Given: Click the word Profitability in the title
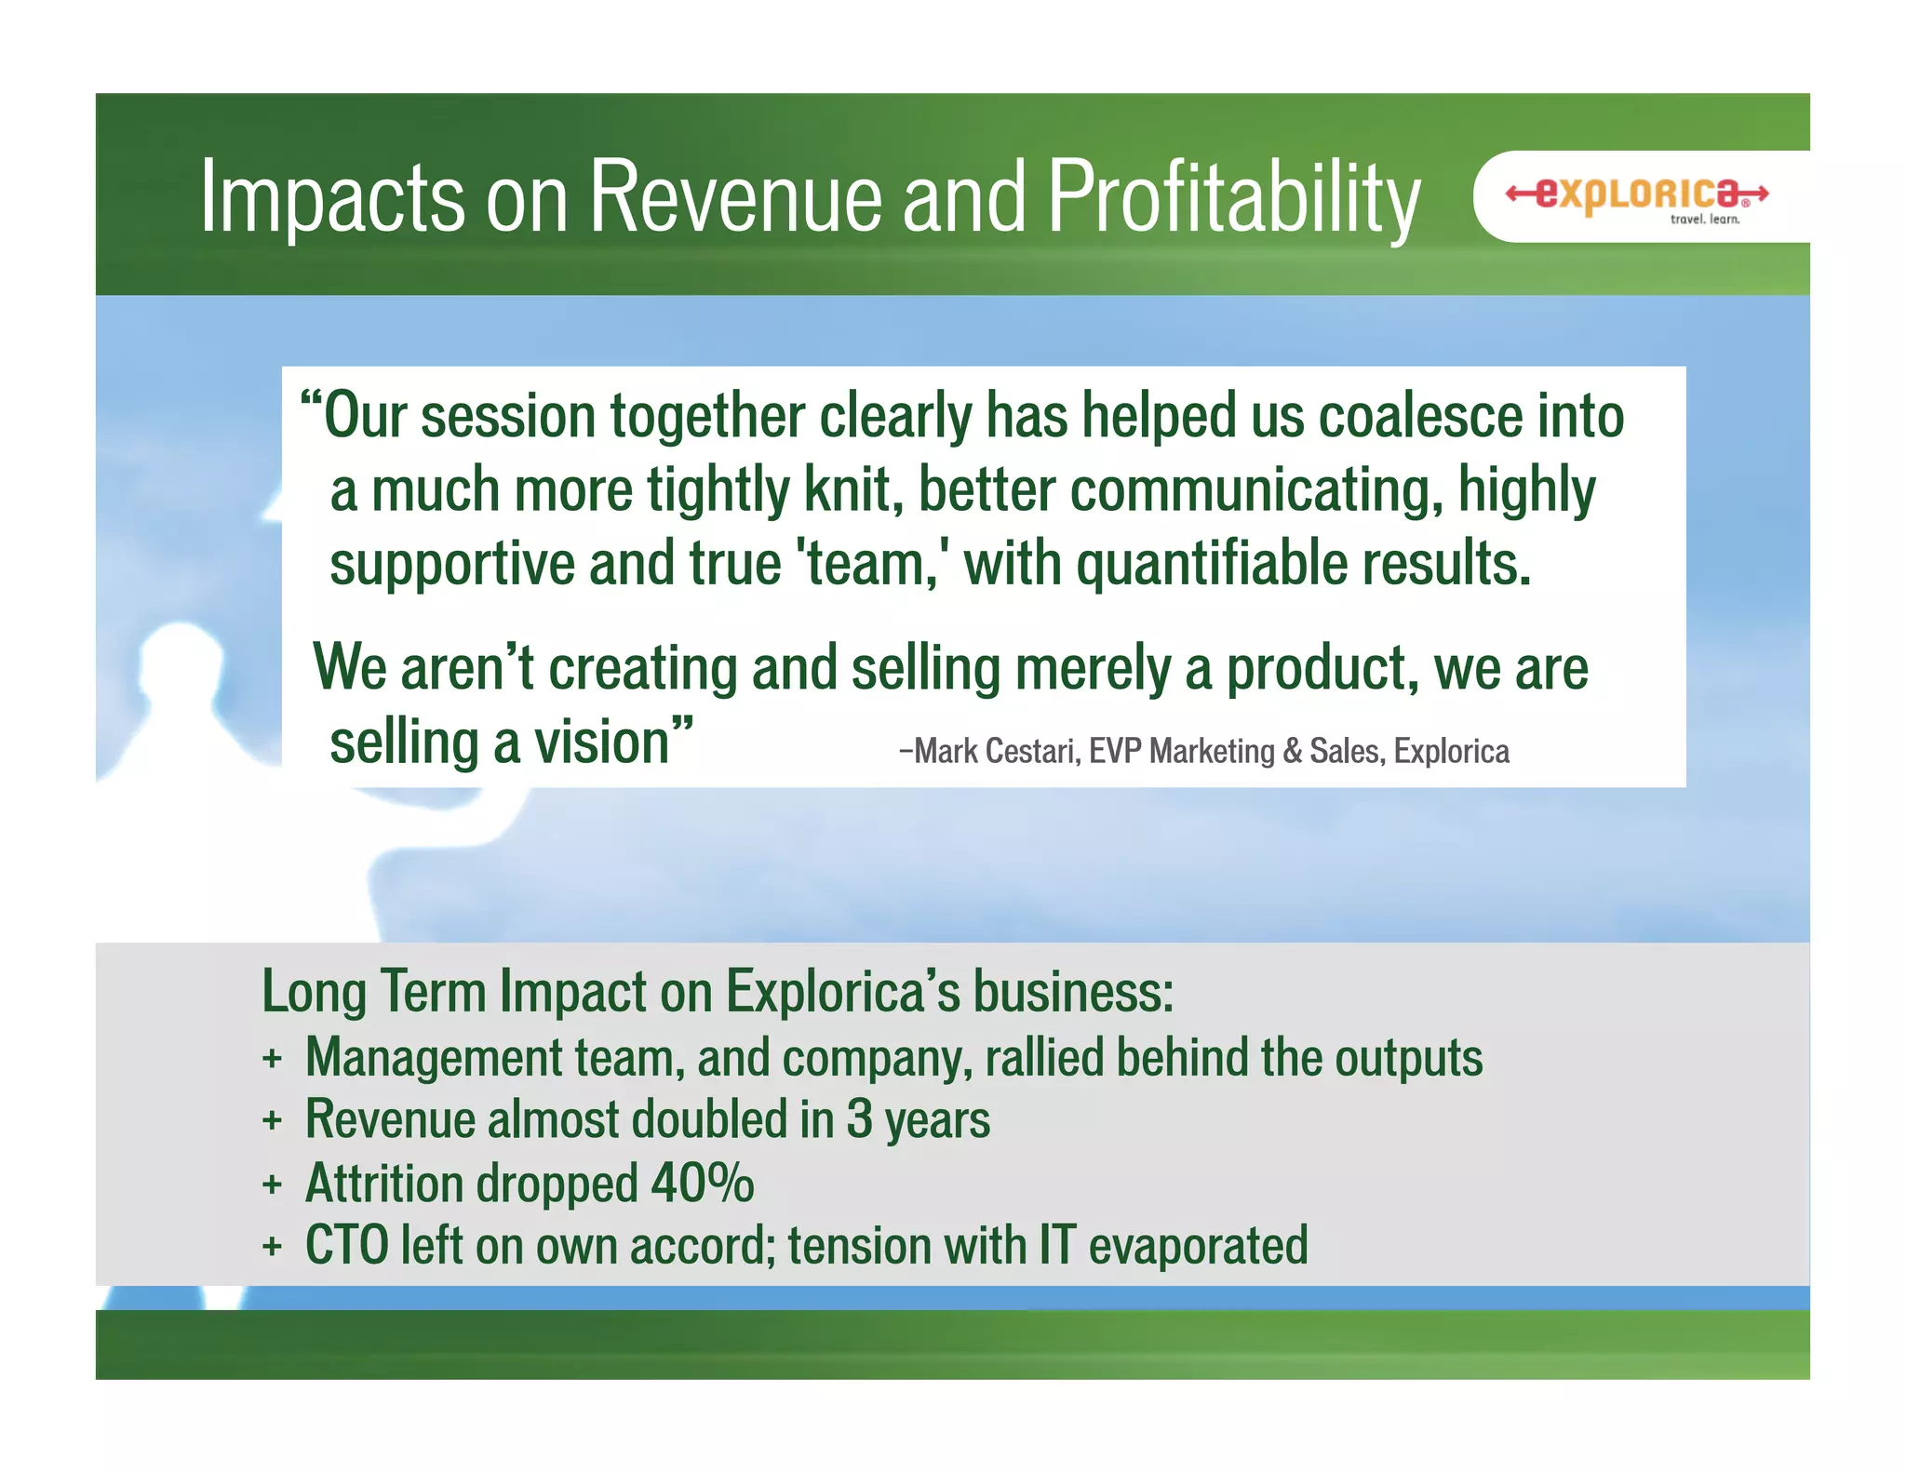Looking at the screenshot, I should pos(1234,197).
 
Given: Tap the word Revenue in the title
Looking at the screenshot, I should pos(734,197).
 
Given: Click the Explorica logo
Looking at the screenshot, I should pos(1637,194).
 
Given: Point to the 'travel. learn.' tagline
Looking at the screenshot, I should pos(1704,220).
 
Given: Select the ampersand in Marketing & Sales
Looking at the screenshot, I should pos(1292,751).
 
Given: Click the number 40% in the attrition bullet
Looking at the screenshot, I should pos(702,1184).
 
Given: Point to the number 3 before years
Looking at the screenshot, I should pos(859,1119).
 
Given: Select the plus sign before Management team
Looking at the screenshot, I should pos(272,1059).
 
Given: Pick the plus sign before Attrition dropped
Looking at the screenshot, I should pos(272,1184).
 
